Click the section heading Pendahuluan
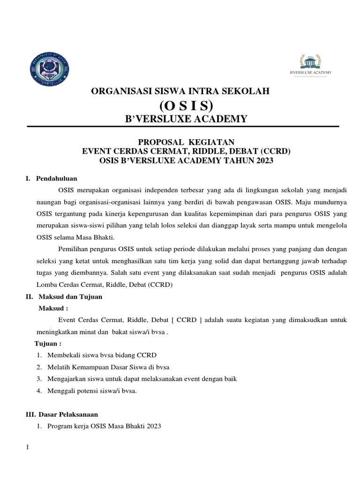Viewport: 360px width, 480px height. click(57, 179)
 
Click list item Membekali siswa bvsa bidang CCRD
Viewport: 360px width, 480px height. click(102, 355)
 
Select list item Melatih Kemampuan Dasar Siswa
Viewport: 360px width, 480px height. click(108, 367)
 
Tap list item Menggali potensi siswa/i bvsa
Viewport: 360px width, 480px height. click(92, 390)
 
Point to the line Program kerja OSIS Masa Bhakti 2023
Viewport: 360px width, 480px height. click(104, 426)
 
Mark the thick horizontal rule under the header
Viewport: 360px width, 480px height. click(183, 127)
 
